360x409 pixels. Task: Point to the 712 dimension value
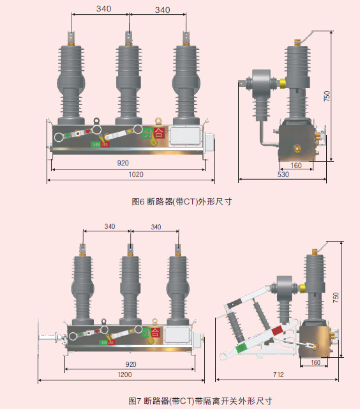pyautogui.click(x=279, y=374)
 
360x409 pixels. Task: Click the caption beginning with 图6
pyautogui.click(x=181, y=201)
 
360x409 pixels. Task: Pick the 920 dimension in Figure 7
pyautogui.click(x=130, y=364)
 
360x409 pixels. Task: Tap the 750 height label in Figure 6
pyautogui.click(x=327, y=96)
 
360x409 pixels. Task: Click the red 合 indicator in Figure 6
pyautogui.click(x=159, y=133)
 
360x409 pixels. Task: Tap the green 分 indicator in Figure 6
pyautogui.click(x=148, y=133)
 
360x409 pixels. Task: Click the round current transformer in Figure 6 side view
pyautogui.click(x=262, y=82)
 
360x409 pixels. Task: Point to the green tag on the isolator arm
pyautogui.click(x=242, y=348)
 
